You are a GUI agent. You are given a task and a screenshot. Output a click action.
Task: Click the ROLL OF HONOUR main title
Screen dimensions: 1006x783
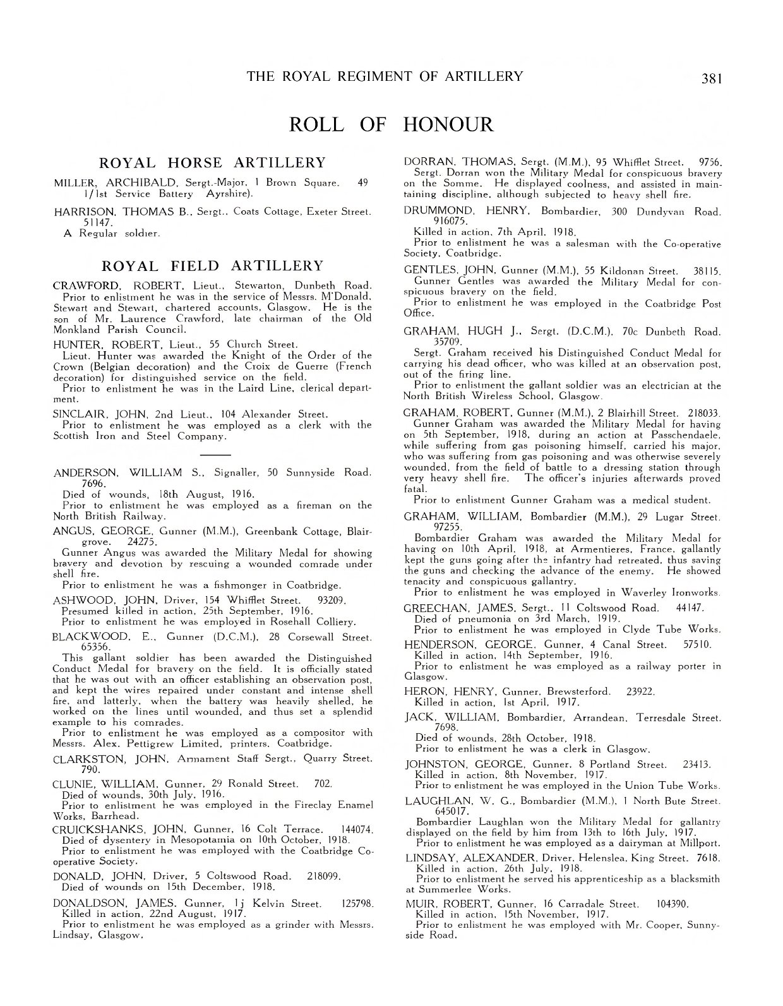coord(391,124)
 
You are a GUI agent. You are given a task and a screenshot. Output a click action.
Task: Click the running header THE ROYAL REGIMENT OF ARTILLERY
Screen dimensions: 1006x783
coord(385,76)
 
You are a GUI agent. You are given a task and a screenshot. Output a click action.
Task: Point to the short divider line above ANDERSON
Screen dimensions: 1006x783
coord(213,454)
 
